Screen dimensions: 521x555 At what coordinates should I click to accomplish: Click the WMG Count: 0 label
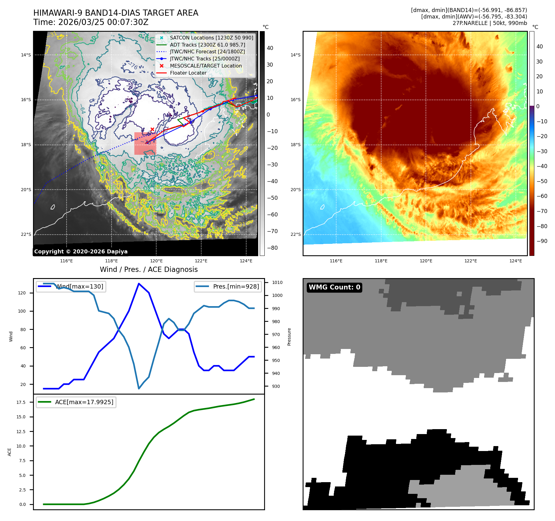coord(334,287)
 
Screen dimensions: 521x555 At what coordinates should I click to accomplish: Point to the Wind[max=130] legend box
coord(71,286)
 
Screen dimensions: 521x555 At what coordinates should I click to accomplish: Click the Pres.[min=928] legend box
coord(228,286)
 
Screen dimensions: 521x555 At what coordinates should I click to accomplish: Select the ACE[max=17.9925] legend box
coord(76,402)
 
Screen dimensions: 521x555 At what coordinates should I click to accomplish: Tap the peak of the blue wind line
coord(139,284)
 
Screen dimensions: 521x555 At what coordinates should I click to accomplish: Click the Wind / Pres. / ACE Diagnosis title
coord(149,269)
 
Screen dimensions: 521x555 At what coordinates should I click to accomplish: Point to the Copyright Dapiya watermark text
coord(81,252)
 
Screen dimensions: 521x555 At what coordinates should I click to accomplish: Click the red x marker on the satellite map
coord(152,129)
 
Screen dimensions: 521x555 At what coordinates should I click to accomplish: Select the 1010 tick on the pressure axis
coord(277,282)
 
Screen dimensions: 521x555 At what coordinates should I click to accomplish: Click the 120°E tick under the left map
coord(156,261)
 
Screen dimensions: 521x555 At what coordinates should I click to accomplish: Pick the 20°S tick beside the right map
coord(295,190)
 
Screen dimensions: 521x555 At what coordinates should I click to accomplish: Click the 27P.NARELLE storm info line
coord(490,23)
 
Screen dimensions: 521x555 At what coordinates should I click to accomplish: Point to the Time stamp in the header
coord(91,22)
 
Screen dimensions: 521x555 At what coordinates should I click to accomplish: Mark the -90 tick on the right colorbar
coord(542,241)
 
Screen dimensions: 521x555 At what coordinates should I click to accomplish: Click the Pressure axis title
coord(289,337)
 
